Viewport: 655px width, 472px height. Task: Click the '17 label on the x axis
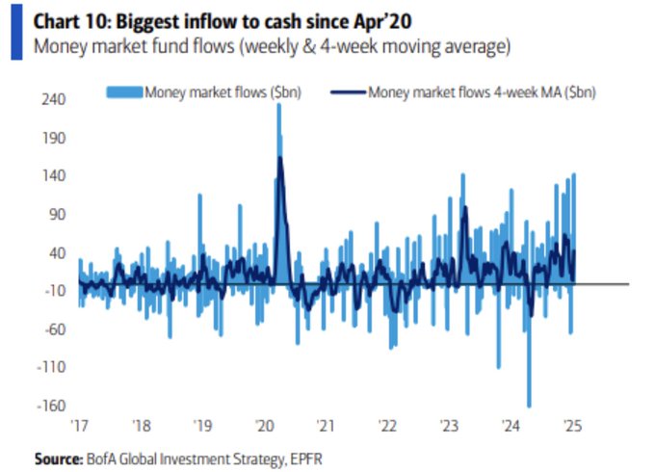point(79,425)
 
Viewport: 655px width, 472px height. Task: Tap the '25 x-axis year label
point(570,425)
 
